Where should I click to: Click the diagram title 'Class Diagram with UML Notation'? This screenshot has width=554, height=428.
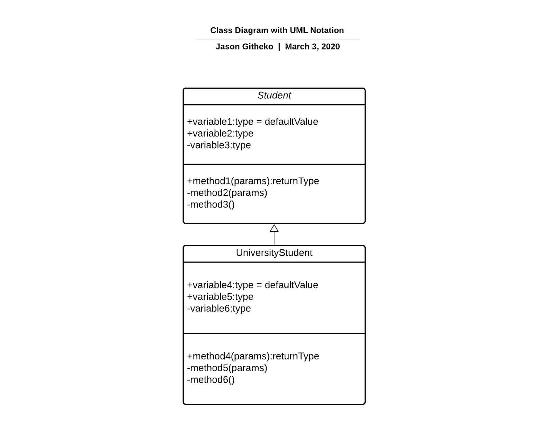tap(277, 30)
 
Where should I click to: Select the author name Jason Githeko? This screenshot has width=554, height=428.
tap(244, 47)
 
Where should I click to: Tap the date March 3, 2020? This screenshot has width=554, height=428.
tap(312, 47)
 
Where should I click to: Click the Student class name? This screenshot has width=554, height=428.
tap(274, 96)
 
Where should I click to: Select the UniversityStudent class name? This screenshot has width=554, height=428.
tap(274, 253)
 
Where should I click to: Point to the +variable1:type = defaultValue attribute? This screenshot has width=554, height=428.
tap(252, 122)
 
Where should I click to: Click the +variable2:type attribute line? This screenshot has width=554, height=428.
tap(220, 134)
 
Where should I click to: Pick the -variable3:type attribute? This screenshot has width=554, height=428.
tap(219, 145)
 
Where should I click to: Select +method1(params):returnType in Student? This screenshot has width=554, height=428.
tap(253, 181)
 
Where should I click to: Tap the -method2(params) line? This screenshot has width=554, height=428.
tap(227, 193)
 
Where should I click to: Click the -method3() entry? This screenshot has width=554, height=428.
tap(211, 205)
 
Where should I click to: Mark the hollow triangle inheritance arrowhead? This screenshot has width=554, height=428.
tap(274, 229)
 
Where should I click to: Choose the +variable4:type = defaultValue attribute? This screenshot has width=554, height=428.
tap(252, 285)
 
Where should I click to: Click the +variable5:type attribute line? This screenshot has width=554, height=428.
tap(220, 297)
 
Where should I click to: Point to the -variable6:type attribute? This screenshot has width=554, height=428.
tap(219, 309)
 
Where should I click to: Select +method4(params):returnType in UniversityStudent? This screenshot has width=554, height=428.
tap(253, 356)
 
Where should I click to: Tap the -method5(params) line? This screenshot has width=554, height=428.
tap(227, 368)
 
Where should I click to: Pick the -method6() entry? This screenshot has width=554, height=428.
tap(211, 380)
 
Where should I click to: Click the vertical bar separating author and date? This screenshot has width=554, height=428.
tap(279, 47)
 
